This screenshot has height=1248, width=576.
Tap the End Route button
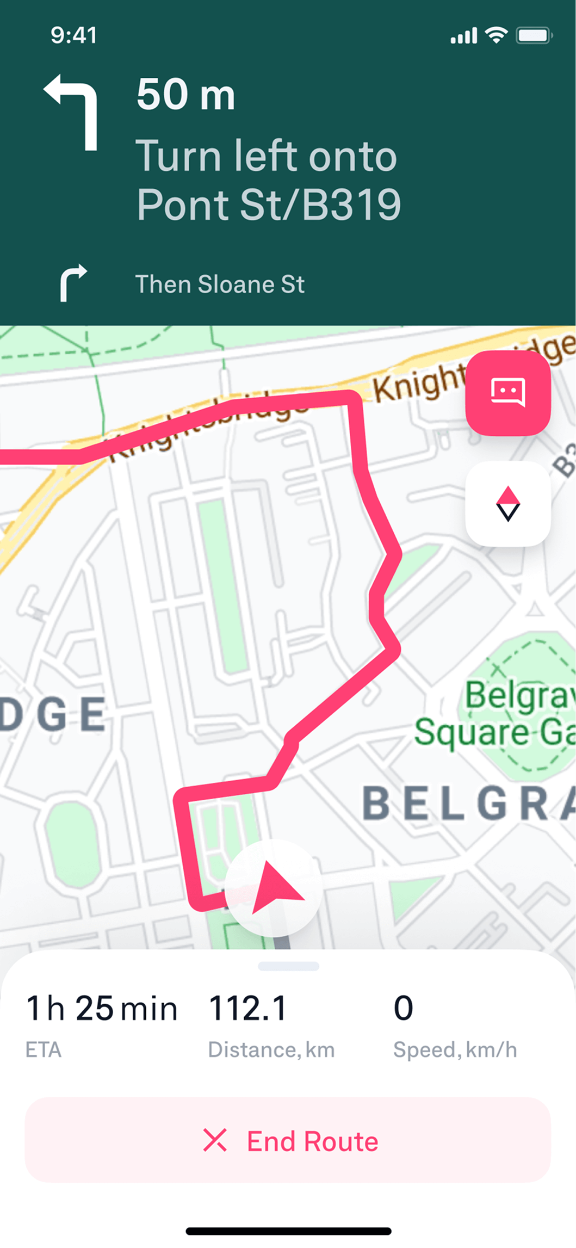pos(288,1140)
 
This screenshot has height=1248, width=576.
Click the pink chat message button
pos(508,393)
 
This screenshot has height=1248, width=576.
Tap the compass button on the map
pos(508,504)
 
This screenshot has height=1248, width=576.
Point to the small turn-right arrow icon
pos(73,282)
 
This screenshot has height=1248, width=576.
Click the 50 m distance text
pos(185,95)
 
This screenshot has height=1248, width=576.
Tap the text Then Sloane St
pos(220,285)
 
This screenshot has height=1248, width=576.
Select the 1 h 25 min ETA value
pos(102,1008)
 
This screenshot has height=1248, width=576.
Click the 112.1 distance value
pos(247,1008)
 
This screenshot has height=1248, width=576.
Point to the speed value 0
pos(403,1008)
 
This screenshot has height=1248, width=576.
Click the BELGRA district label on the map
pos(468,803)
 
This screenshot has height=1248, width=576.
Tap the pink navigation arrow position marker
pos(275,887)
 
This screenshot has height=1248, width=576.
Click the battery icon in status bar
pos(534,36)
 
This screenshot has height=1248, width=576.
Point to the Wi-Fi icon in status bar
pos(496,35)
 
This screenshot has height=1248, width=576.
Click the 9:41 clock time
pos(73,35)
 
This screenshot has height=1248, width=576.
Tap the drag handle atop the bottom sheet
pos(288,966)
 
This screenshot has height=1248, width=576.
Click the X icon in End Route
pos(215,1140)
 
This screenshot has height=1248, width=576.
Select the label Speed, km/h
pos(455,1049)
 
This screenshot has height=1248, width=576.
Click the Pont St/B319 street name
pos(269,205)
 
